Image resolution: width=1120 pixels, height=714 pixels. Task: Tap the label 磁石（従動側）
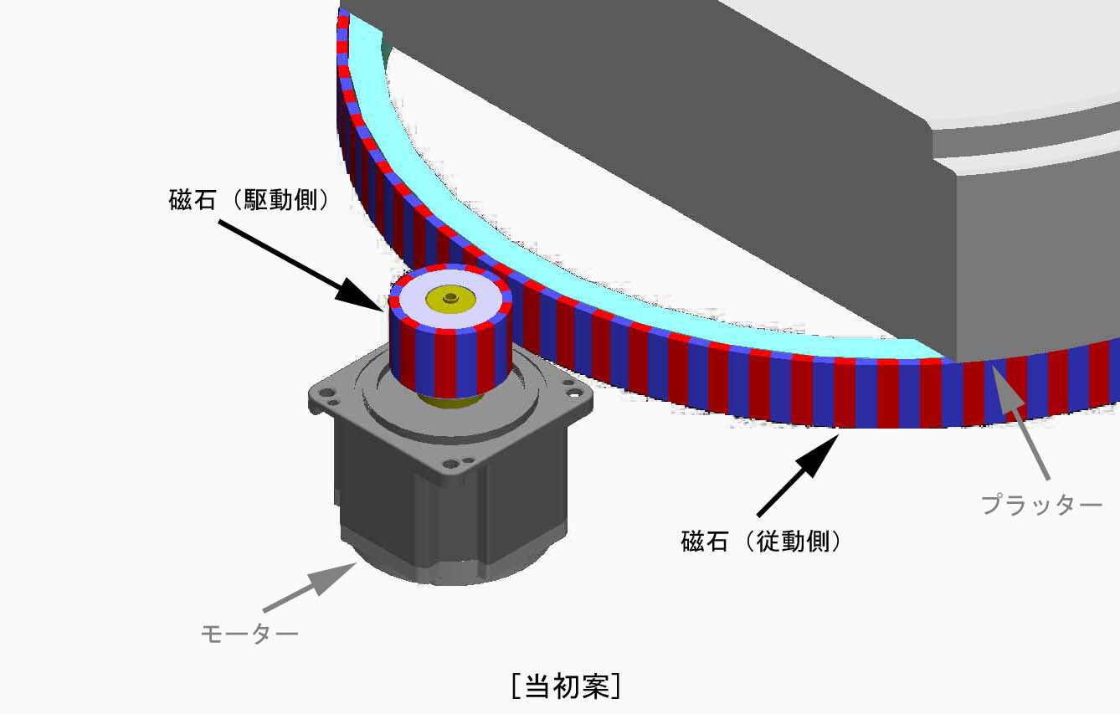(x=762, y=542)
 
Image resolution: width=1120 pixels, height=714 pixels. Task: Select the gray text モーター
(x=249, y=634)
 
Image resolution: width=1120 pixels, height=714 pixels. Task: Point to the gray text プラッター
(x=1041, y=504)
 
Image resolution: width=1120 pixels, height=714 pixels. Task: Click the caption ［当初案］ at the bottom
(x=566, y=686)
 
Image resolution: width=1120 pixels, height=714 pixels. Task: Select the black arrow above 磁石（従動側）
(x=799, y=475)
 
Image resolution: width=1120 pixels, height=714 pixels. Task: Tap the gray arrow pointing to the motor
(x=310, y=587)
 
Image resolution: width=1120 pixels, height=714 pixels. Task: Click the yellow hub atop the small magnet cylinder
(x=450, y=300)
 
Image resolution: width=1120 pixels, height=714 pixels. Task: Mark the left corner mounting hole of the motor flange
(x=326, y=393)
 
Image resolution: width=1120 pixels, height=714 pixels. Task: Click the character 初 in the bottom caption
(x=567, y=686)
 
